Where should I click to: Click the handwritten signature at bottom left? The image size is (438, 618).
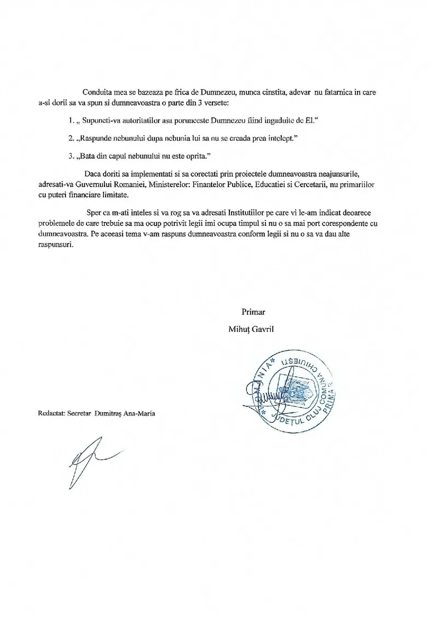coord(88,459)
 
